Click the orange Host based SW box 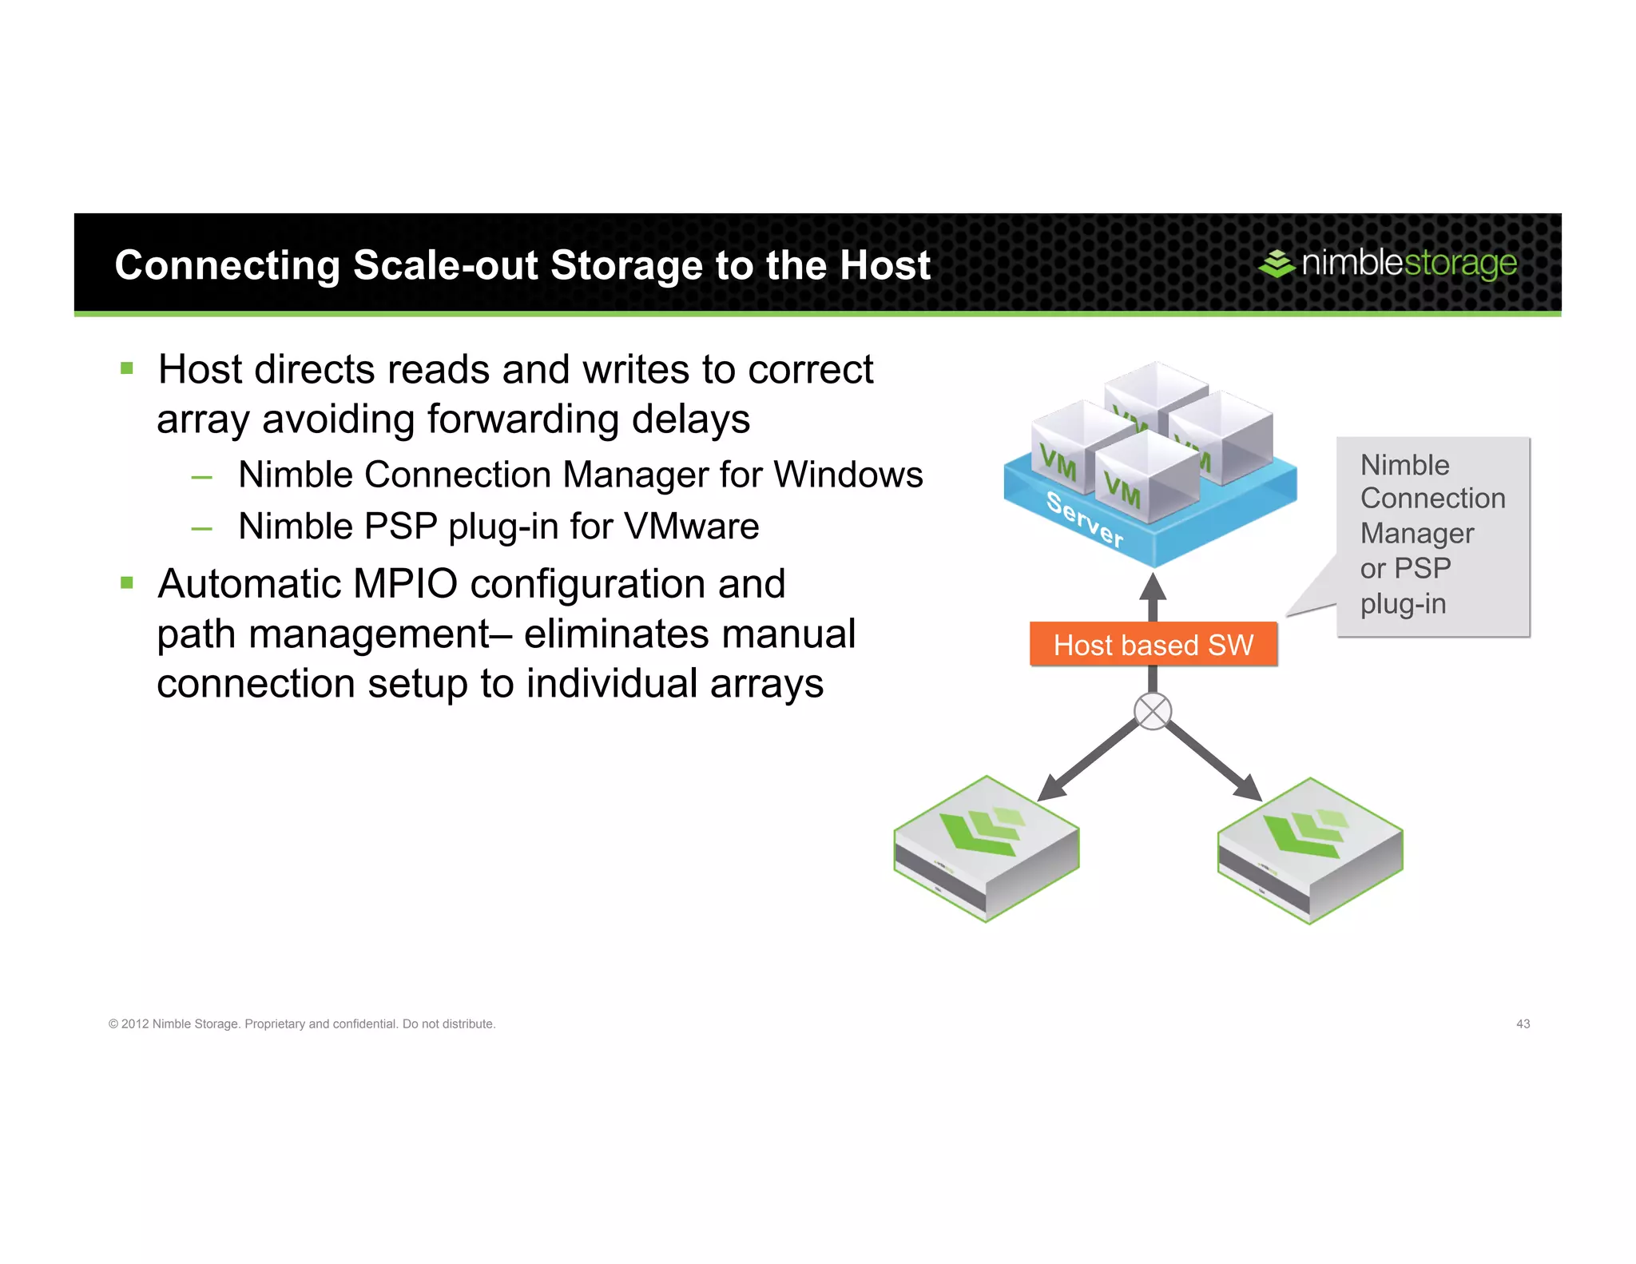pos(1153,644)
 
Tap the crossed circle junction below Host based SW pos(1153,711)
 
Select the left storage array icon pos(987,849)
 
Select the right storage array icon pos(1310,850)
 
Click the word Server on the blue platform pos(1084,519)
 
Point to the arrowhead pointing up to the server pos(1153,587)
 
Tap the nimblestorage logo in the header pos(1388,263)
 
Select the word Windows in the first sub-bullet pos(848,475)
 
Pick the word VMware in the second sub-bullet pos(691,527)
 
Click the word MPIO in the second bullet pos(405,584)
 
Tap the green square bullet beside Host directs pos(127,368)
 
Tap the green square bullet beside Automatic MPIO pos(127,582)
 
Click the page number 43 pos(1523,1024)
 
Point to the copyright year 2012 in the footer pos(135,1024)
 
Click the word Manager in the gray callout pos(1417,534)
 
